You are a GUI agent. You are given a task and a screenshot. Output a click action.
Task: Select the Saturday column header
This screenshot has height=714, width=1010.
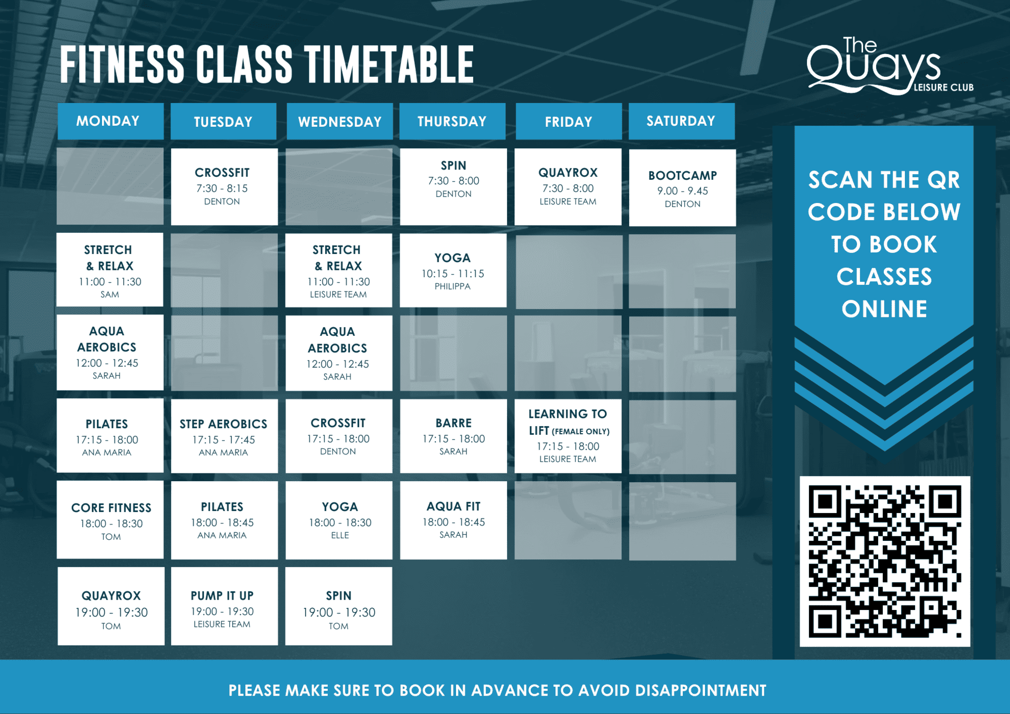(x=681, y=121)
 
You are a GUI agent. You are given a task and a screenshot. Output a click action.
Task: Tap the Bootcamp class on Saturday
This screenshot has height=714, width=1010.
(x=682, y=188)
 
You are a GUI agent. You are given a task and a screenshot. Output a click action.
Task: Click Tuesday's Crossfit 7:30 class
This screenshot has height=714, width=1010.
(x=224, y=186)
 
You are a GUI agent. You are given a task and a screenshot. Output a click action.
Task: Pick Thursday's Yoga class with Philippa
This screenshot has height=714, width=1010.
(x=453, y=270)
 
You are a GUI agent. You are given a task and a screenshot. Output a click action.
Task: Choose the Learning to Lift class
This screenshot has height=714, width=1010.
(x=568, y=436)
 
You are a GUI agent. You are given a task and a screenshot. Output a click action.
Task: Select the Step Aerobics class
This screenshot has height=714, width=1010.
(x=224, y=436)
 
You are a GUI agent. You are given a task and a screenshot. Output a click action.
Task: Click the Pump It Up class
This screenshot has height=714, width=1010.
(x=224, y=606)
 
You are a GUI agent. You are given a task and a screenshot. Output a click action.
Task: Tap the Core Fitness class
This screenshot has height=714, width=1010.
(x=110, y=520)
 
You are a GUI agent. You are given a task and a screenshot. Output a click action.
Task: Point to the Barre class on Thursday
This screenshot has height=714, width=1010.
(x=453, y=436)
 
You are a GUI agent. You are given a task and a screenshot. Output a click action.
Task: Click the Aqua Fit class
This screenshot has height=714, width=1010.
(x=453, y=520)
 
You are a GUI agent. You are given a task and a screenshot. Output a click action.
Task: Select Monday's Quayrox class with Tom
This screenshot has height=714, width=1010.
(x=111, y=606)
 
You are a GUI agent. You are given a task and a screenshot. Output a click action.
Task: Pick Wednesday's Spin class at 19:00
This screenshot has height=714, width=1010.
(x=339, y=606)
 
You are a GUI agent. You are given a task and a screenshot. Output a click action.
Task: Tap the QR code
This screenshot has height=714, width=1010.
(x=885, y=561)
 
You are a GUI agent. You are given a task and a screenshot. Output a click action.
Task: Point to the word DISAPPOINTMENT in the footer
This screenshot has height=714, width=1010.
(x=700, y=690)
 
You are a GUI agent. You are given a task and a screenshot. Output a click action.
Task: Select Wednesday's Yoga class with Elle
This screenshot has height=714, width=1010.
(x=339, y=520)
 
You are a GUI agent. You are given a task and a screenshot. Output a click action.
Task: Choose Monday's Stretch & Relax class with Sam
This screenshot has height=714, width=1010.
(x=110, y=269)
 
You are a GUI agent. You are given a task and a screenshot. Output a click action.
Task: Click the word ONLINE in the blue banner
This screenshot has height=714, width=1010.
(x=884, y=309)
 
